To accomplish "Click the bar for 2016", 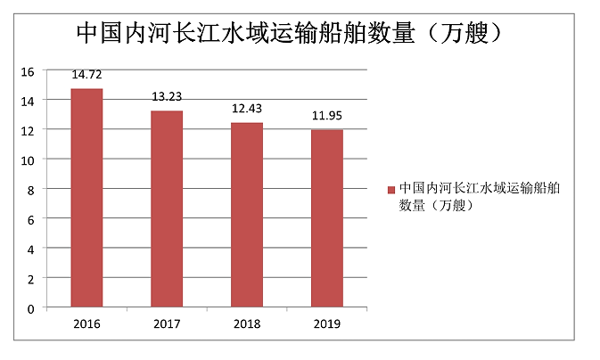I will click(x=86, y=198).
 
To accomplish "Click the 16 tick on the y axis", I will click(x=28, y=71).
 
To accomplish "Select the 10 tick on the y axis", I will click(x=28, y=160).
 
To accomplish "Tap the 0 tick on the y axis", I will click(x=30, y=308).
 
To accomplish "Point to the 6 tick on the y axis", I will click(x=30, y=219).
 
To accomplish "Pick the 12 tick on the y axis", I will click(x=28, y=130).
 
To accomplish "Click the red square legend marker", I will click(x=390, y=190).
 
